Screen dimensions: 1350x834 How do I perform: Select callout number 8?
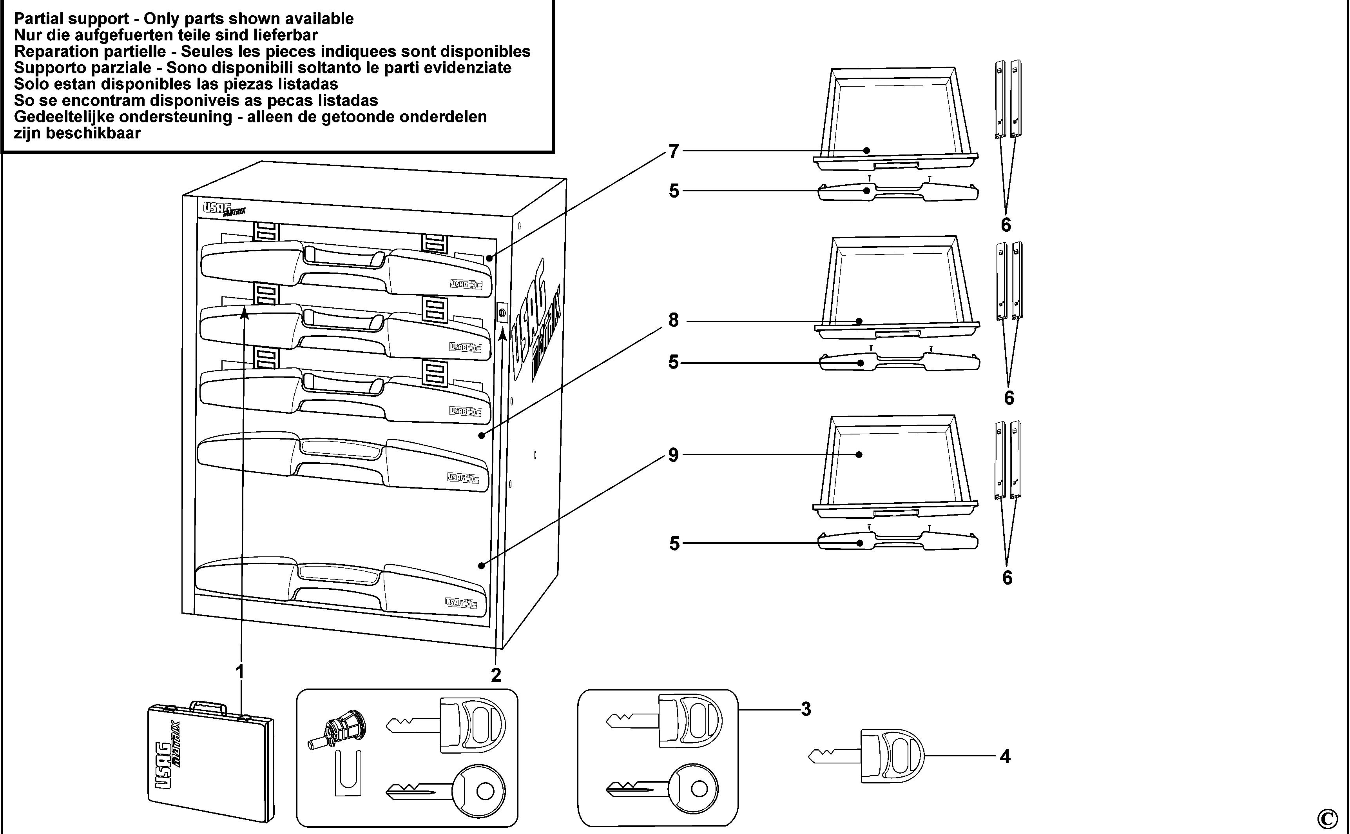coord(674,320)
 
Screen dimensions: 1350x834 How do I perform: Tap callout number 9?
coord(673,455)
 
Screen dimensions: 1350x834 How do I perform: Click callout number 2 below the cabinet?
coord(496,675)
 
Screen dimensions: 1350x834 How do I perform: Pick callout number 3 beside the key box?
coord(806,709)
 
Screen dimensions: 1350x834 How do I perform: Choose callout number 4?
coord(1005,757)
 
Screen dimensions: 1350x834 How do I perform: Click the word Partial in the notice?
coord(40,19)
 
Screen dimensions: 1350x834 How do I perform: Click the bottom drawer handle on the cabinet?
coord(342,588)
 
